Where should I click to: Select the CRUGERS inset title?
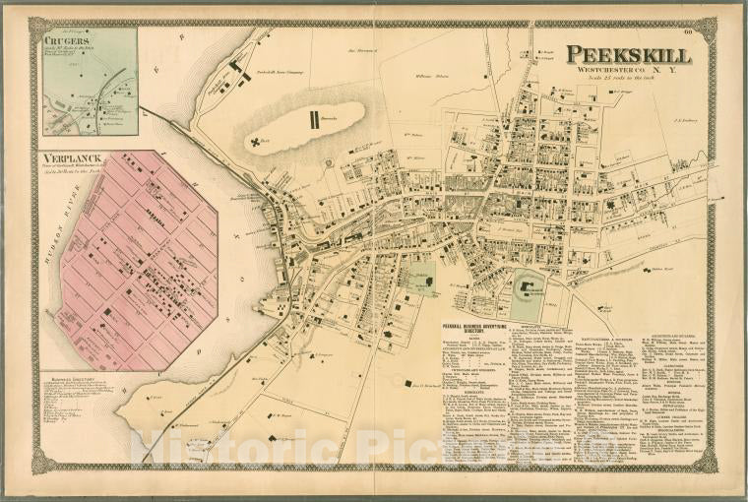[66, 38]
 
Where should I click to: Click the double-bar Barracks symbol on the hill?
[314, 120]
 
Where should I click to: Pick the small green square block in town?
[422, 280]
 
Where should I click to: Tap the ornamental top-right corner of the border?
[703, 30]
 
